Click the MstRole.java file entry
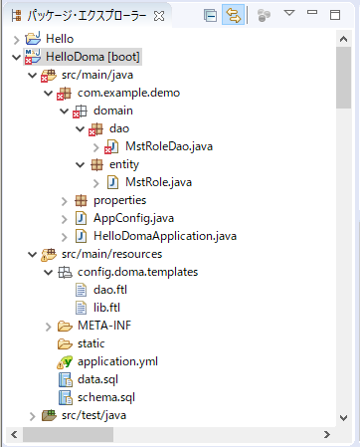click(x=158, y=182)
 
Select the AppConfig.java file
click(x=132, y=218)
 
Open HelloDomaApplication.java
click(x=164, y=236)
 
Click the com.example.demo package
click(x=126, y=93)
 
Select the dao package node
click(x=120, y=128)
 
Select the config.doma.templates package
click(x=138, y=272)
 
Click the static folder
click(x=90, y=343)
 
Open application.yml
click(x=117, y=361)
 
